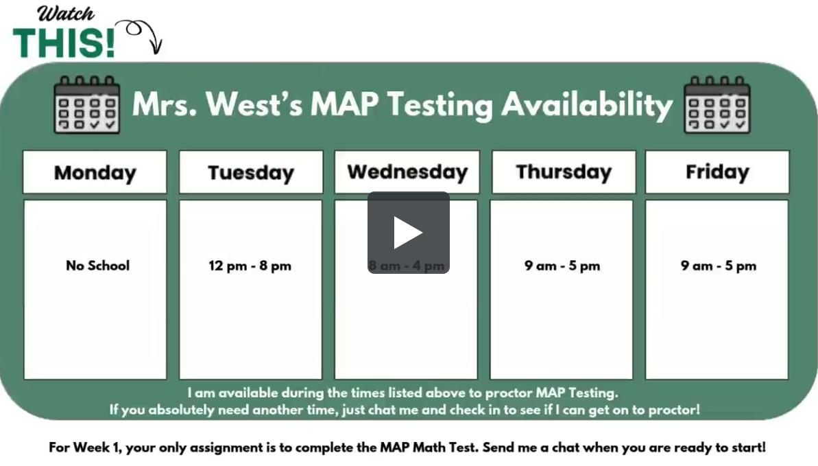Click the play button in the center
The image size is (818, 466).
[x=408, y=233]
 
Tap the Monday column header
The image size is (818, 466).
[x=95, y=172]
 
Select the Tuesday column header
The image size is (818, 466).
[x=250, y=172]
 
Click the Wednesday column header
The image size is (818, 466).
[x=407, y=172]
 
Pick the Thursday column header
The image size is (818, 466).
[x=563, y=172]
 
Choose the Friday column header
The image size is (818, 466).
[x=717, y=172]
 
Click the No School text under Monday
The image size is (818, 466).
[x=97, y=266]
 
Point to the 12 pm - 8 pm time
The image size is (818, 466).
[x=250, y=266]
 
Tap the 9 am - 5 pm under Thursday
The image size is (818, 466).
[x=562, y=266]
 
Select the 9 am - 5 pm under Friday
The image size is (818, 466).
[x=718, y=266]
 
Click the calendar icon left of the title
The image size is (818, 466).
[x=86, y=104]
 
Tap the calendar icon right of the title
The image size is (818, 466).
[x=717, y=104]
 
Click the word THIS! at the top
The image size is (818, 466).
[x=64, y=43]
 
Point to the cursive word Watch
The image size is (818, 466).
[x=66, y=13]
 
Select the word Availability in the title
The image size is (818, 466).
[x=586, y=104]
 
